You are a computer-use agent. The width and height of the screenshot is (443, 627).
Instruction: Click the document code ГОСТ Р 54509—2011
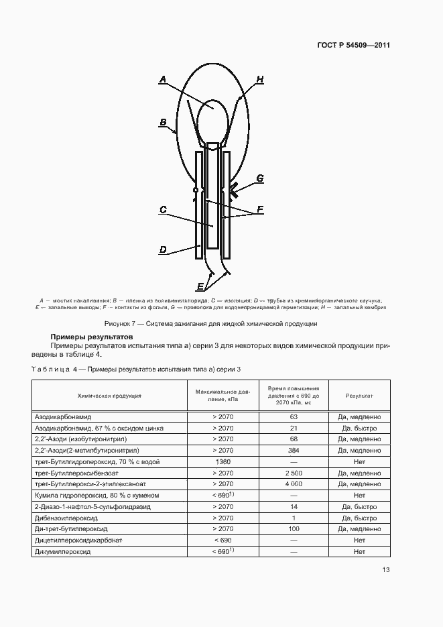[353, 46]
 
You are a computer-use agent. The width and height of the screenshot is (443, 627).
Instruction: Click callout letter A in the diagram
[162, 80]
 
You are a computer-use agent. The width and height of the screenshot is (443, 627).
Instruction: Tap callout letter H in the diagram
[259, 80]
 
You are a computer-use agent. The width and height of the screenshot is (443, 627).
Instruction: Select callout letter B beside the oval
[162, 122]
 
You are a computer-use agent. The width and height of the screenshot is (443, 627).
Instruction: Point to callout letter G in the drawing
[259, 178]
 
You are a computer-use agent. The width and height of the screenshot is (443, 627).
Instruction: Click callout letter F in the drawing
[259, 209]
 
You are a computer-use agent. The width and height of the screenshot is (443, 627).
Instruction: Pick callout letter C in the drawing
[162, 210]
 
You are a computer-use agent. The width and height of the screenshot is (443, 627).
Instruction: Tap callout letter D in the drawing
[162, 250]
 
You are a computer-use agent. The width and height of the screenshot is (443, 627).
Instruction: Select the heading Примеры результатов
[92, 336]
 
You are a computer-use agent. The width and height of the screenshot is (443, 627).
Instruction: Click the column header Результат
[359, 396]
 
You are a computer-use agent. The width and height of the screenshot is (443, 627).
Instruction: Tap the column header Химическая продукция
[109, 396]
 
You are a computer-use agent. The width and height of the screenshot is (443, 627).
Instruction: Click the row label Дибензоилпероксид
[65, 517]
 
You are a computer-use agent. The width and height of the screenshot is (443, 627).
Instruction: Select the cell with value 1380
[223, 461]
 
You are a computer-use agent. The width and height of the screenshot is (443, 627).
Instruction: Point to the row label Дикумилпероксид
[62, 551]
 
